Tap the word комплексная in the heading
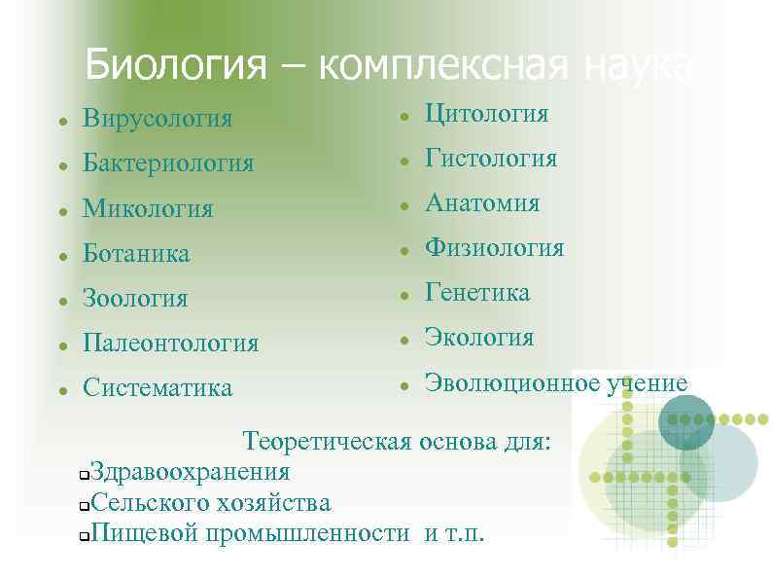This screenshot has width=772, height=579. pyautogui.click(x=440, y=66)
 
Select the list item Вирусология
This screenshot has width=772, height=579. pyautogui.click(x=158, y=120)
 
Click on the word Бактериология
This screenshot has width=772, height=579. pyautogui.click(x=168, y=163)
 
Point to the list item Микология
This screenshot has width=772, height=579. pyautogui.click(x=148, y=208)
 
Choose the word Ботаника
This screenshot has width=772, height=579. pyautogui.click(x=136, y=254)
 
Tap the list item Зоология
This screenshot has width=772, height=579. pyautogui.click(x=135, y=299)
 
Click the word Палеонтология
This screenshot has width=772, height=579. pyautogui.click(x=171, y=344)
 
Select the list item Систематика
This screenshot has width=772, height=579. pyautogui.click(x=158, y=388)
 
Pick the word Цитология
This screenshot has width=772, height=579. pyautogui.click(x=486, y=115)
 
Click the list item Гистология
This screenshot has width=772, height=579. pyautogui.click(x=491, y=159)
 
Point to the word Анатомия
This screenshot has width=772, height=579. pyautogui.click(x=482, y=203)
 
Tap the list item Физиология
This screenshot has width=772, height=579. pyautogui.click(x=494, y=248)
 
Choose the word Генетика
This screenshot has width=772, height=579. pyautogui.click(x=477, y=293)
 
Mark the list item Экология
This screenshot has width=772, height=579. pyautogui.click(x=479, y=338)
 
